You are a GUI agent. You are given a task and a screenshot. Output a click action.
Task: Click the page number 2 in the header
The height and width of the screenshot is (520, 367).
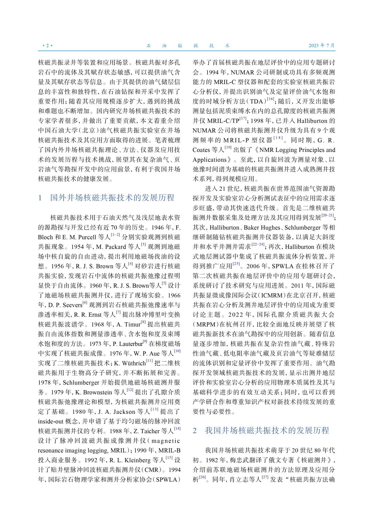(x=47, y=46)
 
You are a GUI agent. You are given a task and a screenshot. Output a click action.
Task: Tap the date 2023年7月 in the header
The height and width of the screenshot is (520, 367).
(x=321, y=46)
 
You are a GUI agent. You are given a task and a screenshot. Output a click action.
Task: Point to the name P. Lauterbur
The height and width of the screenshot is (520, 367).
(x=127, y=344)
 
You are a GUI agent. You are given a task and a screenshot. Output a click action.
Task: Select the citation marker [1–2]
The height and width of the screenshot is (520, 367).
(x=116, y=235)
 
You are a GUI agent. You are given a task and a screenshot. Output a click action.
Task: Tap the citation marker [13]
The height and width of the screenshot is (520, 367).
(x=154, y=409)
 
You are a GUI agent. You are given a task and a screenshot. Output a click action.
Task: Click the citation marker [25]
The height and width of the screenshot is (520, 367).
(x=236, y=264)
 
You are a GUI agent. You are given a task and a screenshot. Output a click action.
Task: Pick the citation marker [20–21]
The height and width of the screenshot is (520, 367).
(x=328, y=215)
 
